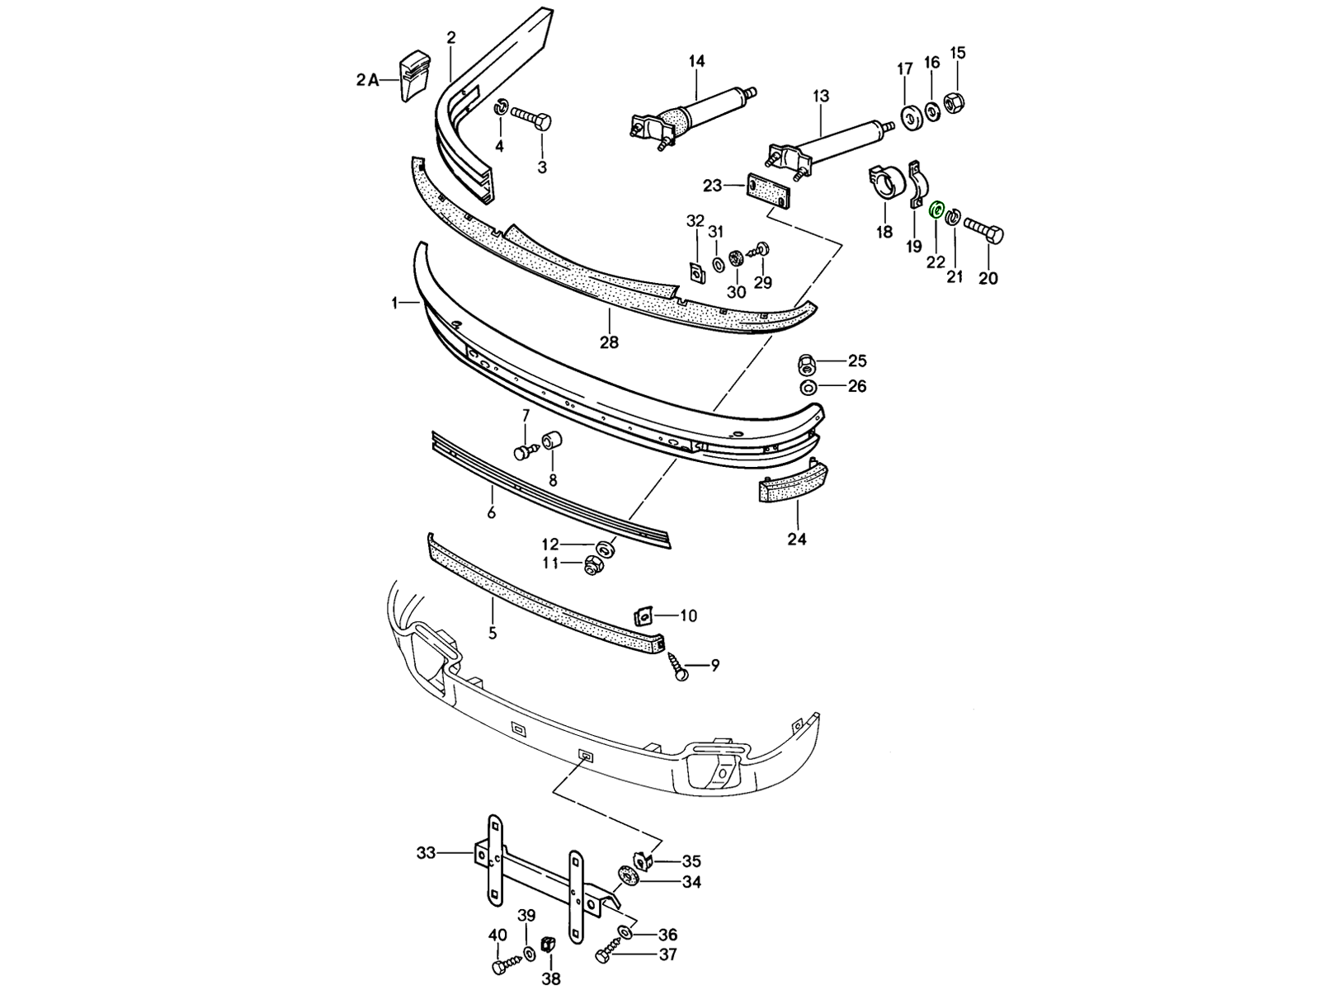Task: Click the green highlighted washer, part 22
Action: pos(936,210)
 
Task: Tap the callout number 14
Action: pos(696,61)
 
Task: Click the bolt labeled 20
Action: pos(984,231)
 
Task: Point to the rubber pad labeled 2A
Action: pos(416,76)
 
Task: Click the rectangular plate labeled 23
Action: pos(768,192)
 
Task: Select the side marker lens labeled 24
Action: pos(792,483)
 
